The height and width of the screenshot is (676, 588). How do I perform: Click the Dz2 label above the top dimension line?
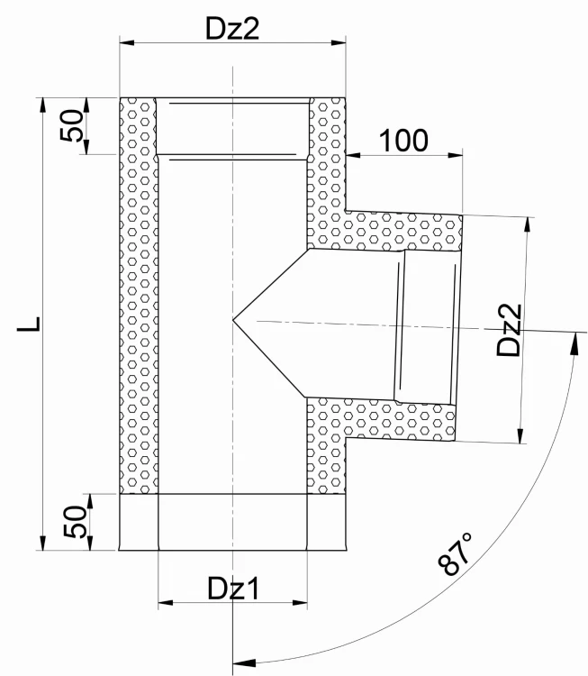(232, 29)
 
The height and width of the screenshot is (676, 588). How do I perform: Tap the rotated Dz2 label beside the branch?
(509, 330)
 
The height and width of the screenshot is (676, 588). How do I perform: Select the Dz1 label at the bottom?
(234, 589)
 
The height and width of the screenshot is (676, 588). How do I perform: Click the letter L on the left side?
(29, 324)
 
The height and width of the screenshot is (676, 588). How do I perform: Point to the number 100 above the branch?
(403, 141)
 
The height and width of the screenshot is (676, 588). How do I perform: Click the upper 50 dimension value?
(71, 125)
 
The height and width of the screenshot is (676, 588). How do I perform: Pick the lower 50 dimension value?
(74, 522)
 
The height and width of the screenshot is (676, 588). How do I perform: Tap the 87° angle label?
(455, 554)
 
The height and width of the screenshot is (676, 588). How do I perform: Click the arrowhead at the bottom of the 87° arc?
(244, 662)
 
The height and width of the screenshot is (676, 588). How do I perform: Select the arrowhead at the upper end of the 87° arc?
(574, 343)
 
